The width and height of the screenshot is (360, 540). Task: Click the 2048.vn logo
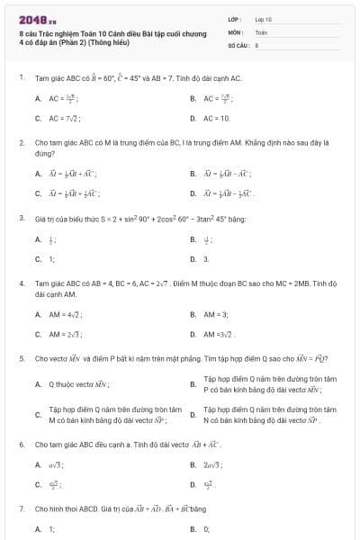(x=37, y=19)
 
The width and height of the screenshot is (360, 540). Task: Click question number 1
(x=22, y=78)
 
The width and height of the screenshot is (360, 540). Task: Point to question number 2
(x=22, y=142)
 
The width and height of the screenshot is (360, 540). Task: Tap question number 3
(x=22, y=218)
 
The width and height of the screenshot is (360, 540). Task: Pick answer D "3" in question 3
(x=206, y=259)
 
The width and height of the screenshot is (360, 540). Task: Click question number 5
(x=22, y=358)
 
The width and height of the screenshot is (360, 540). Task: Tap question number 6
(x=22, y=445)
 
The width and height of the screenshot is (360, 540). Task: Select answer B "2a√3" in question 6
(x=213, y=465)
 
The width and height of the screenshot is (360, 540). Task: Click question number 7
(x=22, y=508)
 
